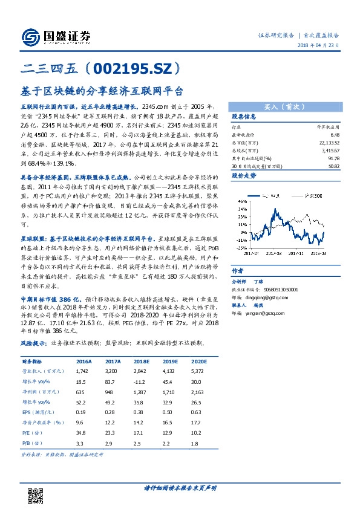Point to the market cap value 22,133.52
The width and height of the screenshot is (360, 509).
[327, 143]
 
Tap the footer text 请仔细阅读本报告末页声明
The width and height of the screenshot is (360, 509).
[180, 487]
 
